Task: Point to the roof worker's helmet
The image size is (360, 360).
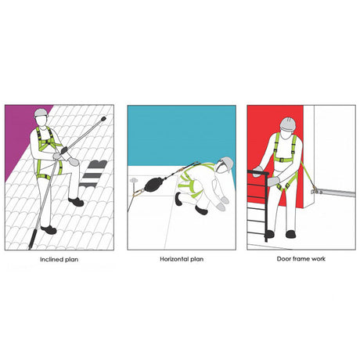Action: [41, 113]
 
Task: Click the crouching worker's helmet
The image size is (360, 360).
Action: [227, 164]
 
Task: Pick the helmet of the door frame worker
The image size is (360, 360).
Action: [289, 124]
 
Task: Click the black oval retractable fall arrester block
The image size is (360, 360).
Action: [153, 184]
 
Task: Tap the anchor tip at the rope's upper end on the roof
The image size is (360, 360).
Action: [103, 119]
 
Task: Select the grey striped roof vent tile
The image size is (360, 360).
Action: [94, 174]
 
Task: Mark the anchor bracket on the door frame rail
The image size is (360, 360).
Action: [317, 192]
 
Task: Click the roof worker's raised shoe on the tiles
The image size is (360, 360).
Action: [76, 202]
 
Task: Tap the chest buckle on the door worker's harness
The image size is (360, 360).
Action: [281, 160]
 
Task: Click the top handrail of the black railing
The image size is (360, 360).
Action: [257, 172]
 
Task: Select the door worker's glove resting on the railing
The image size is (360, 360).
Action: [259, 171]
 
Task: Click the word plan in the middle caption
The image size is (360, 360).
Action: [197, 259]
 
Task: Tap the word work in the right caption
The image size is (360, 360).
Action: [319, 259]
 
